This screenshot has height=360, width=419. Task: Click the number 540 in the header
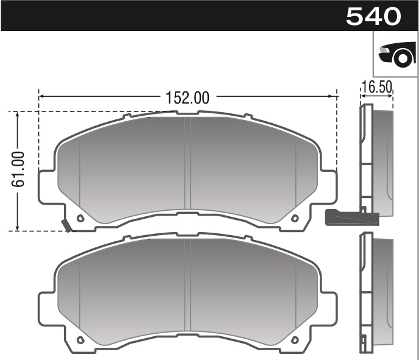click(373, 16)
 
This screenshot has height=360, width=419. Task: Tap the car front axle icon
click(395, 54)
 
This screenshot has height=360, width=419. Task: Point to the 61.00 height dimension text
click(18, 169)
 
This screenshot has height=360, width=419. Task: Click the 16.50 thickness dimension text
click(376, 87)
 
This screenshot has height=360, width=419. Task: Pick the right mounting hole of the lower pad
click(295, 340)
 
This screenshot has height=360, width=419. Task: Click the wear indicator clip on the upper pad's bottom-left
click(66, 225)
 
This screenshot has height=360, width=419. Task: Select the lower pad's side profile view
click(374, 292)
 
